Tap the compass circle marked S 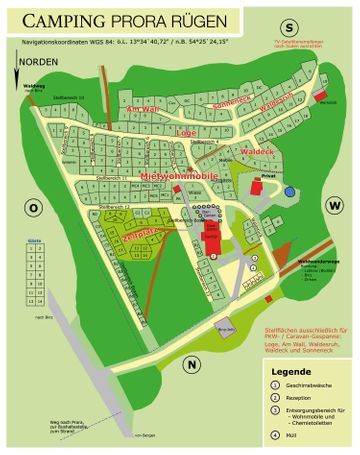point(290,27)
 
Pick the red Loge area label point(186,132)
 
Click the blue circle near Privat point(289,191)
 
